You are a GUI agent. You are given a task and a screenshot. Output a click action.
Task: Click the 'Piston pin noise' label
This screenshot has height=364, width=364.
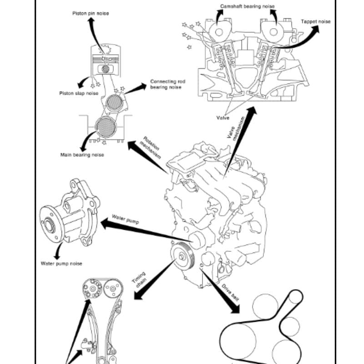91,14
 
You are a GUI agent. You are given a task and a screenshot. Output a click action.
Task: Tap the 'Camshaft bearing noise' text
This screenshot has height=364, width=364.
248,6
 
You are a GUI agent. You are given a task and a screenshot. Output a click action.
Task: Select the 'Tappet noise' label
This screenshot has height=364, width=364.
316,21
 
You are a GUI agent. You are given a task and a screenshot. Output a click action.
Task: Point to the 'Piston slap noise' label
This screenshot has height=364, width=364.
79,93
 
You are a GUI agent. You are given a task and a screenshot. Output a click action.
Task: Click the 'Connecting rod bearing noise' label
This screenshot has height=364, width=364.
167,84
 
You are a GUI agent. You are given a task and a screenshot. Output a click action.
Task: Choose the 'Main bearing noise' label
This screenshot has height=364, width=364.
82,155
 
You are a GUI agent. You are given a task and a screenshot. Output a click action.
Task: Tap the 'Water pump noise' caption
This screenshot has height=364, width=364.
61,263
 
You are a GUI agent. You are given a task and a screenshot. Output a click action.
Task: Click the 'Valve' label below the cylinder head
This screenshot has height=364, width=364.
222,118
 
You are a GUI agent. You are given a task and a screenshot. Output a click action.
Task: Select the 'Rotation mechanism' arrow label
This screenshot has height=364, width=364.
151,147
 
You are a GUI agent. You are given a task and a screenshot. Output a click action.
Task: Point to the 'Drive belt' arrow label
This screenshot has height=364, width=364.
230,293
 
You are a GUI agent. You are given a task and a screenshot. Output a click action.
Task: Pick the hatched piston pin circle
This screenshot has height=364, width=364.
106,69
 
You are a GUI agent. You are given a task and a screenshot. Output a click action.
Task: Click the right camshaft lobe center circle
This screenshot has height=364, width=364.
274,32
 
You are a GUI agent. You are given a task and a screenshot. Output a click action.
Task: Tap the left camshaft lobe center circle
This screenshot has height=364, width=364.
219,32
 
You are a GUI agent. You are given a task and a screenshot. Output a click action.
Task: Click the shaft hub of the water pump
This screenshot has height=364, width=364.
50,226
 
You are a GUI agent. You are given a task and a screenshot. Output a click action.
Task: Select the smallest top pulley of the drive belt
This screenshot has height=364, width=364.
295,297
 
